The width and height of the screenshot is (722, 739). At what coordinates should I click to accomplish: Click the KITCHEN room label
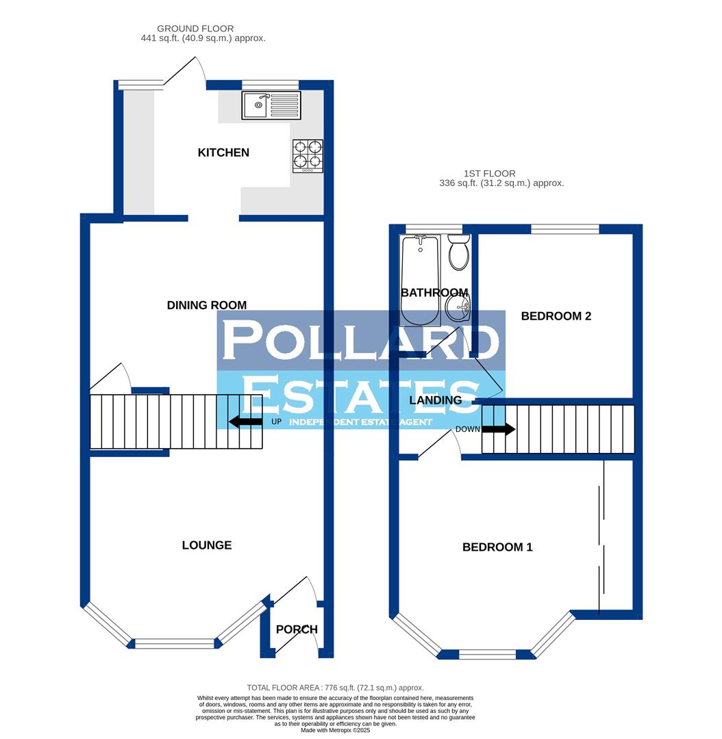tap(223, 153)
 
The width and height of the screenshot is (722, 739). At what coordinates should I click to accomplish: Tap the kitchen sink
tap(271, 105)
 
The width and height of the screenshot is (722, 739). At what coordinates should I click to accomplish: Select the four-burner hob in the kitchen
tap(308, 155)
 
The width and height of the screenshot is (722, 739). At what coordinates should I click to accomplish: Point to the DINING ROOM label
tap(206, 305)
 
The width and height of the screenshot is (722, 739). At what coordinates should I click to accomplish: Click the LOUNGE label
tap(207, 545)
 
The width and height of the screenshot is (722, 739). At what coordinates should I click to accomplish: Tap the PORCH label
tap(297, 630)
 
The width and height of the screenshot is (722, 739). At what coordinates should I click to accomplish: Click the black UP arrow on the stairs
tap(245, 422)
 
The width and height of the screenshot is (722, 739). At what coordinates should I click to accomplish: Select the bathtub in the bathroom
tap(420, 281)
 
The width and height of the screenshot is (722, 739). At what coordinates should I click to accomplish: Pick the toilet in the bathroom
tap(458, 252)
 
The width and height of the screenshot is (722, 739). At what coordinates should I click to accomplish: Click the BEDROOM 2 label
tap(556, 316)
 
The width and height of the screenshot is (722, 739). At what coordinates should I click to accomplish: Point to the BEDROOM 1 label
tap(497, 547)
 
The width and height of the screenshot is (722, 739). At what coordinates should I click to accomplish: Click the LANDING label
tap(436, 400)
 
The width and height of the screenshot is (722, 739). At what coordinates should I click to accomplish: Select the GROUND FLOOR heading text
tap(195, 29)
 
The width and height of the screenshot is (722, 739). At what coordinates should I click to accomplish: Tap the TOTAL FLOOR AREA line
tap(336, 688)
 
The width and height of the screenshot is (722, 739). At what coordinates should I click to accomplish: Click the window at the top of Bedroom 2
tap(565, 229)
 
